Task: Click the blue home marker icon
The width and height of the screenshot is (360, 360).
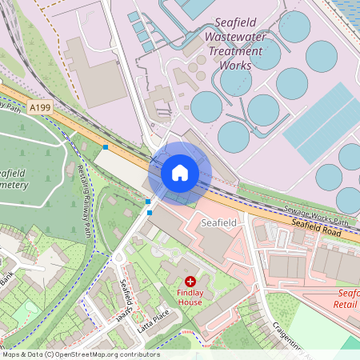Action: [x=180, y=172]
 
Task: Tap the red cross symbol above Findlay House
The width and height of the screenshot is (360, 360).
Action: [x=190, y=282]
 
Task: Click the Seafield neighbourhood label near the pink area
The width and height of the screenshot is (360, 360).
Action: [x=219, y=222]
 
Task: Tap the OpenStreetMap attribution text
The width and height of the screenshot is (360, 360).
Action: [x=81, y=354]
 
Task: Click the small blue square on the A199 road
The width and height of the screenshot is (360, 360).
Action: [x=106, y=147]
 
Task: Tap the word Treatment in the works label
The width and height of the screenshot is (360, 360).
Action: [x=235, y=51]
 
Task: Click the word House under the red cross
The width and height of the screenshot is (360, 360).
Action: [x=190, y=302]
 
